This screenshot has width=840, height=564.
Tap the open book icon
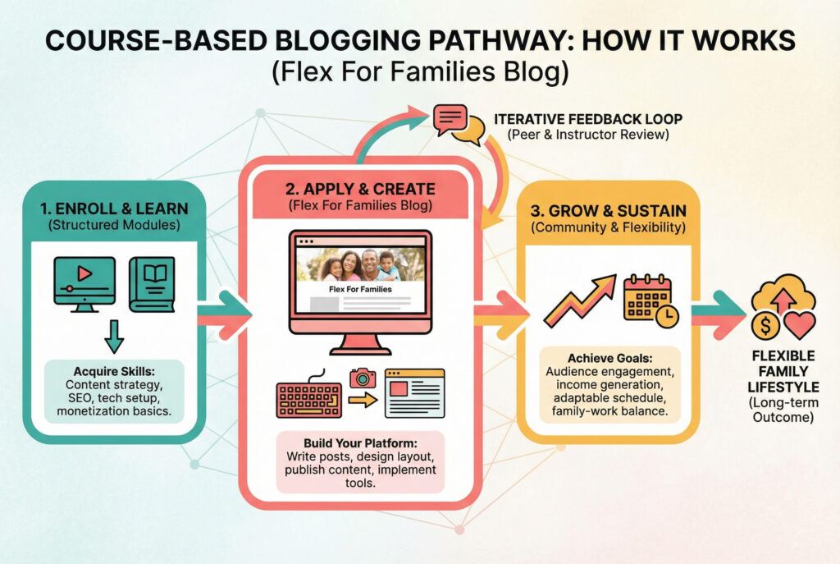point(152,283)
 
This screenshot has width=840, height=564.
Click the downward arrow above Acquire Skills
point(114,335)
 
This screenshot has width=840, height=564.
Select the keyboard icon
point(308,398)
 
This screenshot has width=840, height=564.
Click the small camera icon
point(362,378)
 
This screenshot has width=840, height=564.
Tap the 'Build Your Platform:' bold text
point(360,441)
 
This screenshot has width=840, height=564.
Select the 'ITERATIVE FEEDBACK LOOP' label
point(587,119)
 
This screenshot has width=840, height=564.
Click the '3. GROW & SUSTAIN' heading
point(608,212)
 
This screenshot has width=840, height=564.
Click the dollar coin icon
point(765,326)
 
